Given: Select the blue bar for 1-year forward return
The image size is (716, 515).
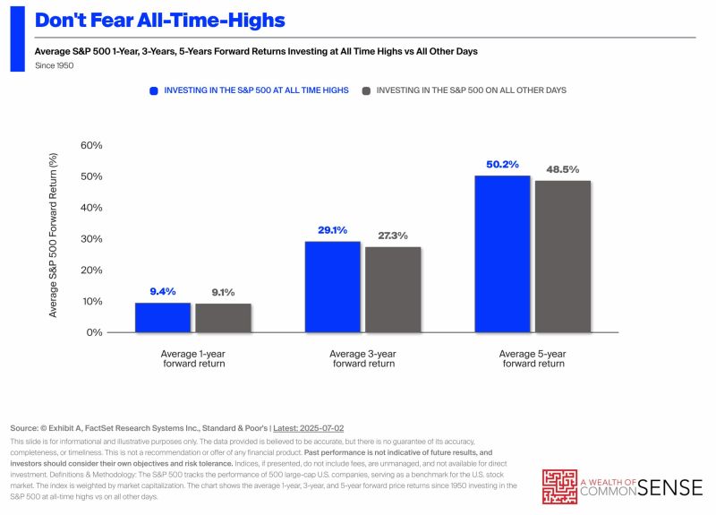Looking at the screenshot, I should (162, 317).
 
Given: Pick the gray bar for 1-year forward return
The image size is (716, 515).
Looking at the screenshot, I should (223, 318).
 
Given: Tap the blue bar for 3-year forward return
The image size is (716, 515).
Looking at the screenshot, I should (331, 287).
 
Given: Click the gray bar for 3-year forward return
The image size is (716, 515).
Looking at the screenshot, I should (393, 289).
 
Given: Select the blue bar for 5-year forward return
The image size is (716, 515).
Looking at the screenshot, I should (502, 253).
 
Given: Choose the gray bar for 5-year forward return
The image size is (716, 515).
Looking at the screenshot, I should (563, 256).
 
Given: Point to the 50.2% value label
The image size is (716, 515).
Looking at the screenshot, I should (502, 164).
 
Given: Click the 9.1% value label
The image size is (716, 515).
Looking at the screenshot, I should (223, 292).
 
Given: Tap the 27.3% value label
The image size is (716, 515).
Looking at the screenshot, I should (393, 236).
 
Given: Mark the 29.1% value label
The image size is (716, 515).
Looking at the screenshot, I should (331, 230).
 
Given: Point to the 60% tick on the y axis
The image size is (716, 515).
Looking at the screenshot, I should (91, 145).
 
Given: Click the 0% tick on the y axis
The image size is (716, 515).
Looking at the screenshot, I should (94, 332).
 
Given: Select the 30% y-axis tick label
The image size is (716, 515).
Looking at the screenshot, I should (91, 238).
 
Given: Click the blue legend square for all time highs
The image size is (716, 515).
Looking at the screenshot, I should (154, 90).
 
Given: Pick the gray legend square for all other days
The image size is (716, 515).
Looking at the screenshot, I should (366, 90).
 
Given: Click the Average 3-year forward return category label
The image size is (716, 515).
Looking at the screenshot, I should (362, 358).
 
